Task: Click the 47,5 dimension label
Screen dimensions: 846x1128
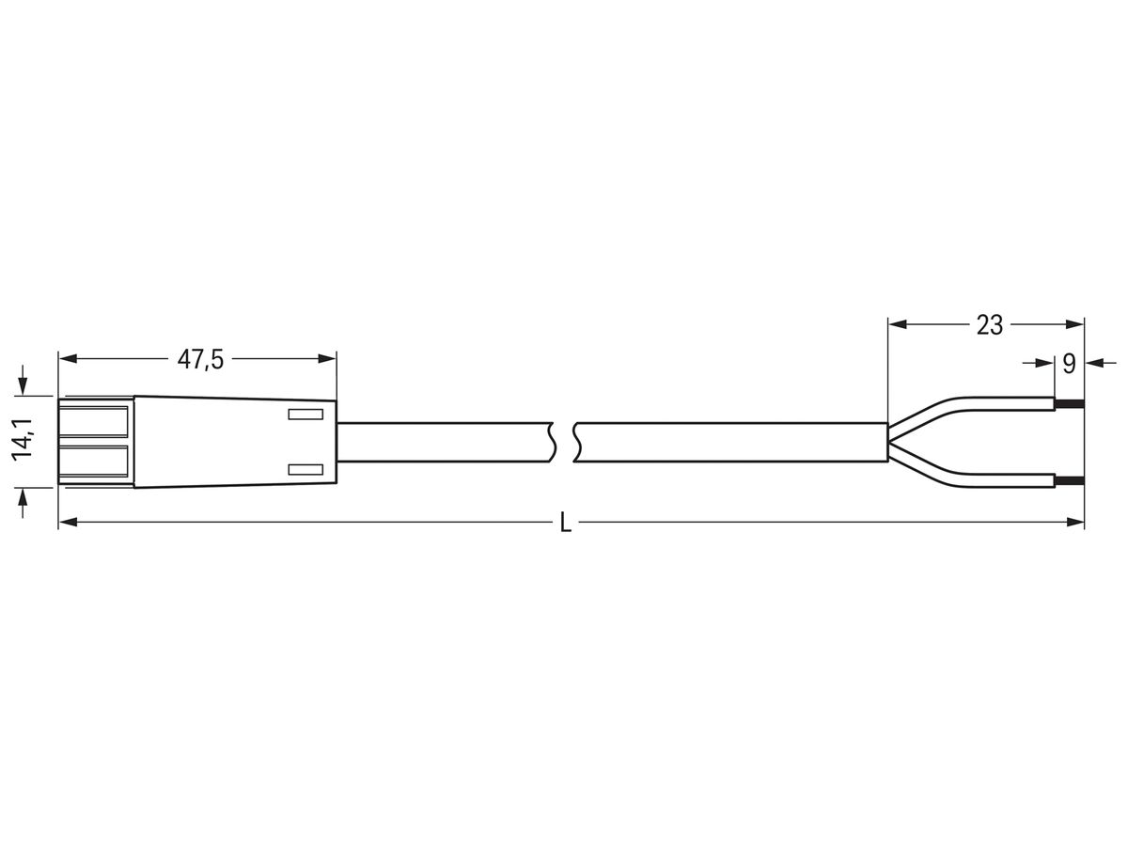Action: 200,358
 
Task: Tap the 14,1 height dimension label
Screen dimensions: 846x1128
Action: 23,440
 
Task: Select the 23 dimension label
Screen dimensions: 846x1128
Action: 989,325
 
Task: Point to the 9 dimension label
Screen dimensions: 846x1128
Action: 1069,364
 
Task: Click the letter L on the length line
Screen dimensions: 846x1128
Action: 565,524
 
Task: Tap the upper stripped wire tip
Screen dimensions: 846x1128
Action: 1069,404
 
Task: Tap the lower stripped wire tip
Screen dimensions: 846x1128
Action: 1069,481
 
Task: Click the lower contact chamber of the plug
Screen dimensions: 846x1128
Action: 94,462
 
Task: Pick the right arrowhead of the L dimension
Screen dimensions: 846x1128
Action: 1076,522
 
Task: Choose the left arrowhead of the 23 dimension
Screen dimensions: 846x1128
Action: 897,325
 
